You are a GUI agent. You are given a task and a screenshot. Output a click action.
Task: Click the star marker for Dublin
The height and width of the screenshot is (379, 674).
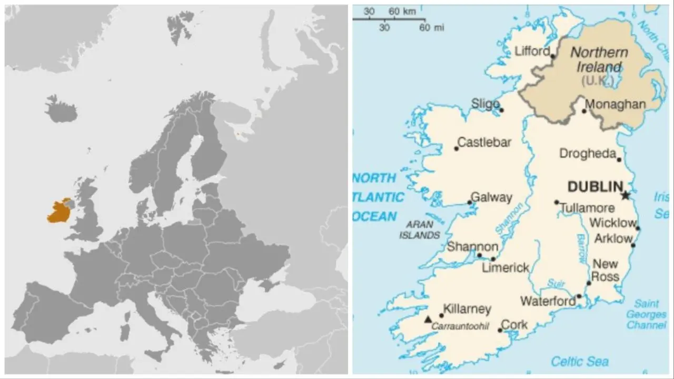coord(625,195)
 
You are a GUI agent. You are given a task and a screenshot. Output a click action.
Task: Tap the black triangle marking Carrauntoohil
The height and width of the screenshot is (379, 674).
coord(428,319)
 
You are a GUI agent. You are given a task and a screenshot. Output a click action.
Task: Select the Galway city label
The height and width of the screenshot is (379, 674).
coord(491,197)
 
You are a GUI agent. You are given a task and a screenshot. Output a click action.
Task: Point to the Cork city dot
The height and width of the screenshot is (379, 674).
coord(500,330)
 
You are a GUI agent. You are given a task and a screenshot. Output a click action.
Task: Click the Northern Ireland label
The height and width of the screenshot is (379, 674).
coord(599,59)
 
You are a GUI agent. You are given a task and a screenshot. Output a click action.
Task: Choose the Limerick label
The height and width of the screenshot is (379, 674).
coord(506,268)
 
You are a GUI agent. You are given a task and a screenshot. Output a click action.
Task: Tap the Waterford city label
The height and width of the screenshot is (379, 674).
coord(548,302)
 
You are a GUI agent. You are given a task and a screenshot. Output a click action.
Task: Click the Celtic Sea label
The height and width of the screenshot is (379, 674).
coord(579,361)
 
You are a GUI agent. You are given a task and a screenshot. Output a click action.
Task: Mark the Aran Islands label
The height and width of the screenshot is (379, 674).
coord(419,230)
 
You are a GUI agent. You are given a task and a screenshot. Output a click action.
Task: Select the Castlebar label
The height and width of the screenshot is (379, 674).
coord(484,142)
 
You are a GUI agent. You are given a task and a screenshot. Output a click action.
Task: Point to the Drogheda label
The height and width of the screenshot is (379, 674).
coord(588,154)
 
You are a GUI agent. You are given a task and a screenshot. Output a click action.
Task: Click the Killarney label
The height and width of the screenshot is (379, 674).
coord(467,310)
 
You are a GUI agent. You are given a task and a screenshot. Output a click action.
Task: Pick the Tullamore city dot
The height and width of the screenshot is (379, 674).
coord(557,202)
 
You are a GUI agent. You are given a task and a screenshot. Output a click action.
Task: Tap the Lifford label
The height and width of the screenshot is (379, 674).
coord(532,51)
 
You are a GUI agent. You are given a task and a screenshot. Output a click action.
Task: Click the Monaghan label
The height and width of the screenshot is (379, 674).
coord(615,104)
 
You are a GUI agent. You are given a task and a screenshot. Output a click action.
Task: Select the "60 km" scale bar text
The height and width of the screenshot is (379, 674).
coord(402,11)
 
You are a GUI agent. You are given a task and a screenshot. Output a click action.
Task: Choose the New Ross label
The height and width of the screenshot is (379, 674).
coord(606,270)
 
